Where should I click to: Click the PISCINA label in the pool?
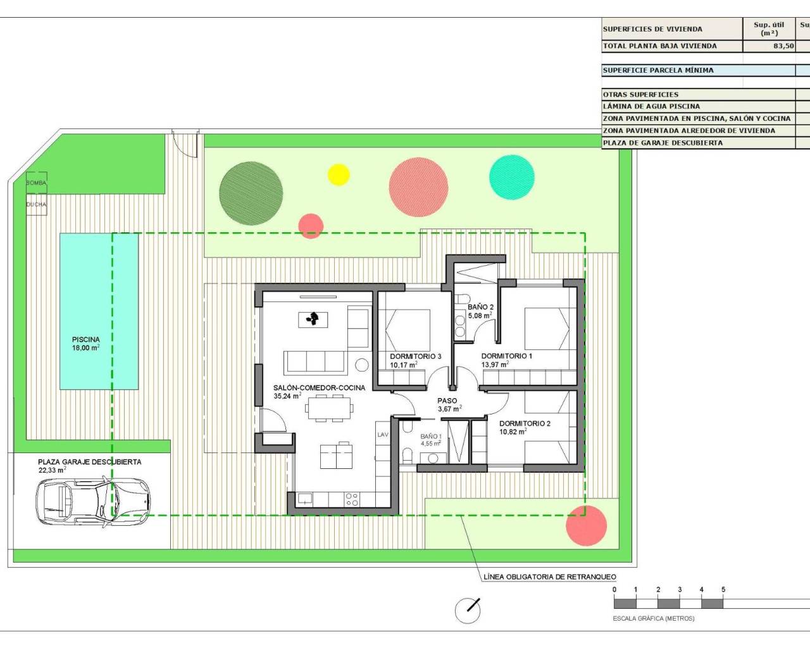coord(85,340)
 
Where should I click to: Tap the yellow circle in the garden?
coord(339,175)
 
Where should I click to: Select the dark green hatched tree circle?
coord(251,193)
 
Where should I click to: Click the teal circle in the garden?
coord(511,177)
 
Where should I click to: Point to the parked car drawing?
coord(93,502)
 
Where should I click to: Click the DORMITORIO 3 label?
coord(415,356)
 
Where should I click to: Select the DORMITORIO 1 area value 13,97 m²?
coord(495,364)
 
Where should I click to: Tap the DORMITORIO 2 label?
coord(525,423)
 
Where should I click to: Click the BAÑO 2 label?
coord(480,307)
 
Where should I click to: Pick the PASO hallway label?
coord(447,401)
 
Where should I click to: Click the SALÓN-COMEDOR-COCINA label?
coord(319,388)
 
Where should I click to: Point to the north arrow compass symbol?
coord(468,610)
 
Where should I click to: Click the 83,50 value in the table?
coord(783,46)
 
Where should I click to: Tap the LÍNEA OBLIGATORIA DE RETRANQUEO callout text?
coord(549,576)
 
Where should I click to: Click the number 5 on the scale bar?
coord(723,590)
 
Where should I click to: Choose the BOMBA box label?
coord(36,183)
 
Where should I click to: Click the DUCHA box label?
coord(36,204)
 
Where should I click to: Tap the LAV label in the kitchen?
coord(383,435)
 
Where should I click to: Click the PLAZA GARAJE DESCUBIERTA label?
coord(89,462)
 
